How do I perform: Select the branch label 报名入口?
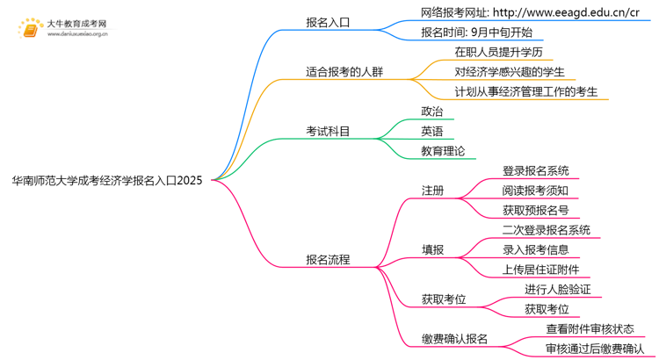pyautogui.click(x=327, y=22)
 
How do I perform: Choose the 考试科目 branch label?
pyautogui.click(x=327, y=132)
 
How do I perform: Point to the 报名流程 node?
pyautogui.click(x=327, y=260)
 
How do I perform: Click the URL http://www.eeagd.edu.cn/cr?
pyautogui.click(x=574, y=12)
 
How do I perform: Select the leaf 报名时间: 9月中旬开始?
pyautogui.click(x=476, y=32)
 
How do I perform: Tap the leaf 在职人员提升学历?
pyautogui.click(x=497, y=52)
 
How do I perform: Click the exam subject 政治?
pyautogui.click(x=432, y=112)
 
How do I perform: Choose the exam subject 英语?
pyautogui.click(x=432, y=132)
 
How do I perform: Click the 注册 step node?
pyautogui.click(x=432, y=191)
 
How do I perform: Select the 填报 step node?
pyautogui.click(x=432, y=250)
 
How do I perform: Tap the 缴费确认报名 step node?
pyautogui.click(x=455, y=339)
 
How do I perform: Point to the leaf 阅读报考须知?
pyautogui.click(x=535, y=191)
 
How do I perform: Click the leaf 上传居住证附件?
pyautogui.click(x=540, y=270)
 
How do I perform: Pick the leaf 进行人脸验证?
pyautogui.click(x=557, y=290)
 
